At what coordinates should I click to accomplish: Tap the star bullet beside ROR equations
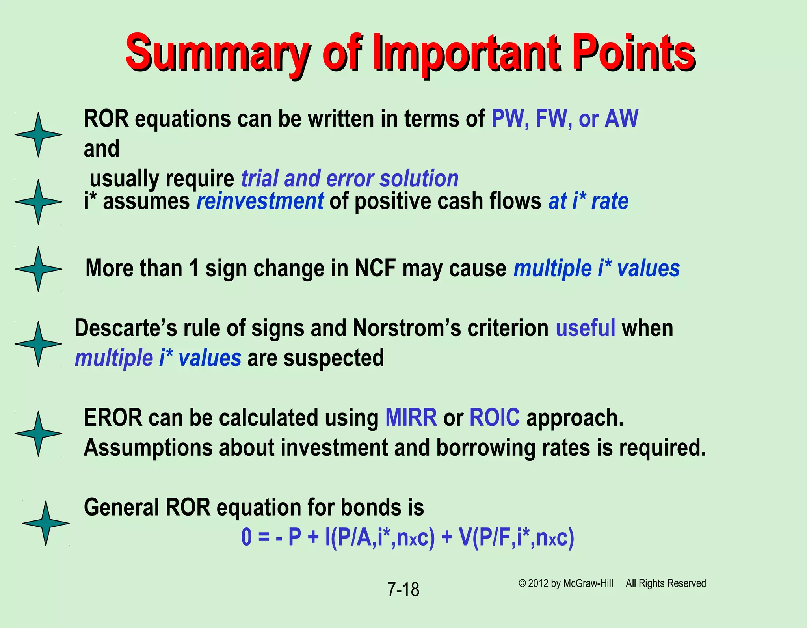(x=38, y=134)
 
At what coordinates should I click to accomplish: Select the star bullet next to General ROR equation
(x=46, y=523)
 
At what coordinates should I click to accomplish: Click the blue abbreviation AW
(x=621, y=118)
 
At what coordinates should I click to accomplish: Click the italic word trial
(x=260, y=179)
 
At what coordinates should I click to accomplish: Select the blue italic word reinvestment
(x=260, y=201)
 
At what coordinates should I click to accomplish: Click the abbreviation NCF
(x=375, y=268)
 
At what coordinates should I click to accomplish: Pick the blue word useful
(x=585, y=328)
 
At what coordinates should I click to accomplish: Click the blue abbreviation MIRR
(x=411, y=418)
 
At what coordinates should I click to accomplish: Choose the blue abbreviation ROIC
(x=494, y=418)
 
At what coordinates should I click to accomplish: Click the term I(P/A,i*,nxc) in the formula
(x=380, y=537)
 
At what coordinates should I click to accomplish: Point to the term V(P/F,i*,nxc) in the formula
(x=516, y=537)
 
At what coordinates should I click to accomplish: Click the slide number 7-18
(x=403, y=590)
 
